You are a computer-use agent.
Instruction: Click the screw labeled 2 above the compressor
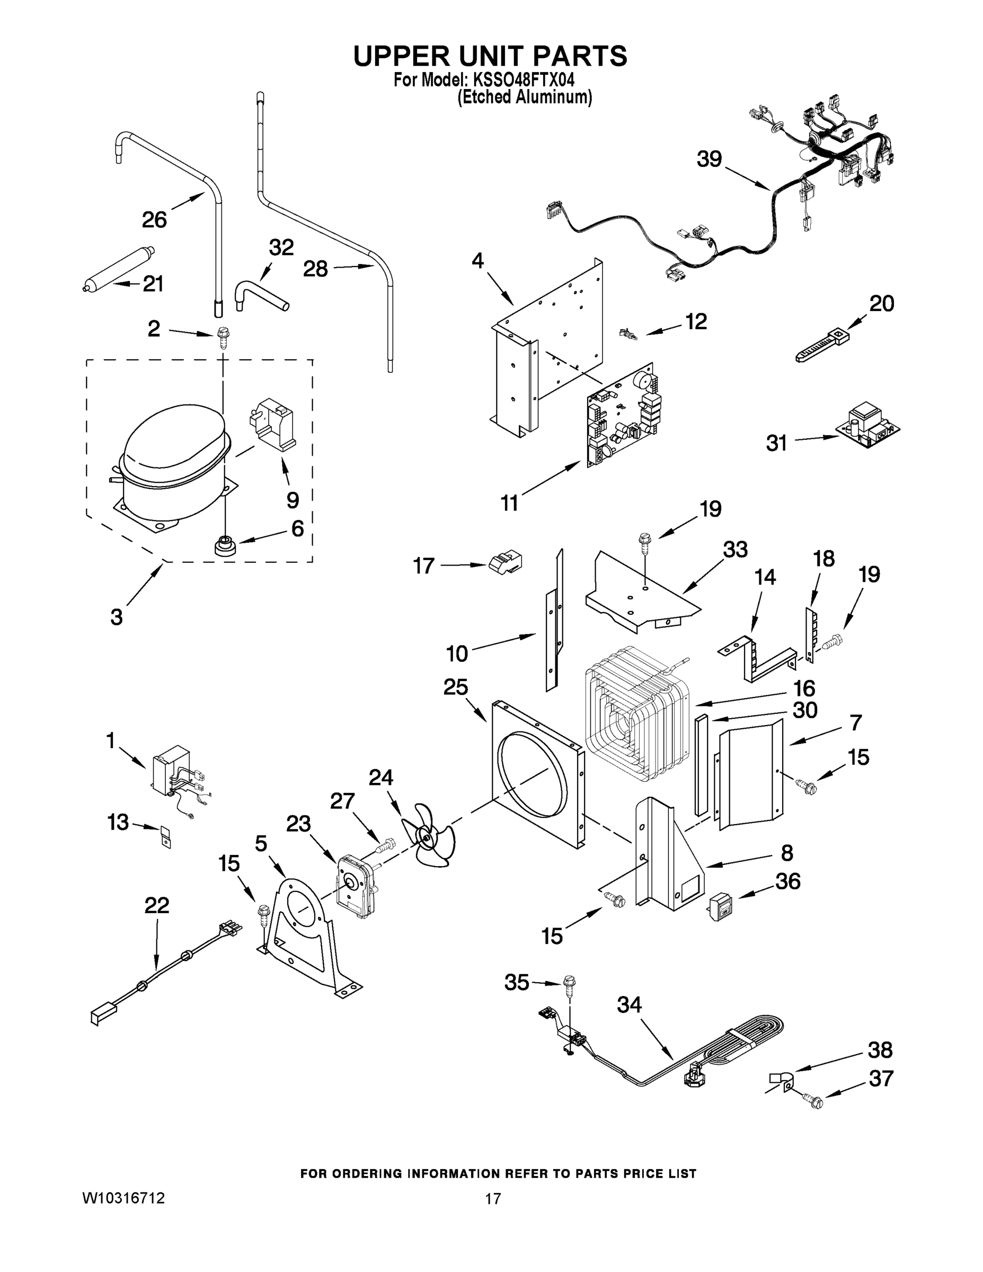222,337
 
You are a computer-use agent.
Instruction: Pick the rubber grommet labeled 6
224,546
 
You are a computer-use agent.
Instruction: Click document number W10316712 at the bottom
123,1197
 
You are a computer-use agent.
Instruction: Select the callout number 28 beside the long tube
315,269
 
